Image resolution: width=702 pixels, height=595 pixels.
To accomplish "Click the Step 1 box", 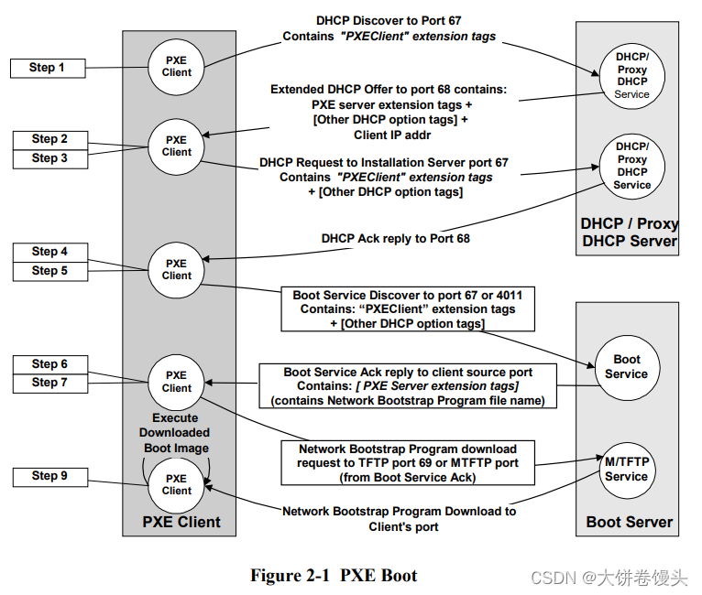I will [48, 68].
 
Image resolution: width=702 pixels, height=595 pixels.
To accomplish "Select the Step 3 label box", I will [49, 158].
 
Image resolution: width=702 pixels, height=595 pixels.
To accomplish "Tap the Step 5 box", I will [49, 271].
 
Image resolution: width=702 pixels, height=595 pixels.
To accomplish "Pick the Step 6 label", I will [49, 364].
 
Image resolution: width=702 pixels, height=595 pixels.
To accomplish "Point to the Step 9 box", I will [49, 476].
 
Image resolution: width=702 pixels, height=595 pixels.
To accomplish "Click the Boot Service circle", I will [626, 367].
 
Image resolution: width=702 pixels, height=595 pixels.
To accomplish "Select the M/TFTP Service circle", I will [626, 470].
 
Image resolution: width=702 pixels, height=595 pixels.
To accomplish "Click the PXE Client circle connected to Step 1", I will [177, 67].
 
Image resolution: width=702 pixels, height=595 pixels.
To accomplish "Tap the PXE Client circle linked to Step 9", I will [177, 484].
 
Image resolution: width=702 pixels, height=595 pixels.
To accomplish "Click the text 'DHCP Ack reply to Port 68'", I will [396, 239].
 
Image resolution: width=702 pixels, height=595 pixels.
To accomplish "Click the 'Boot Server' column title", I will [629, 523].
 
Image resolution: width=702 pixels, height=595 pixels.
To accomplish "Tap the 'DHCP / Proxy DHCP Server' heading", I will [629, 233].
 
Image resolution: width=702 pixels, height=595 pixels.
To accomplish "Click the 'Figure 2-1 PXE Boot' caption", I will [334, 576].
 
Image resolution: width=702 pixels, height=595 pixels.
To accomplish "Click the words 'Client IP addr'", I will [393, 135].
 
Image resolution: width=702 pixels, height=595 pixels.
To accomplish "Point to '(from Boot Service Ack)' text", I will [407, 478].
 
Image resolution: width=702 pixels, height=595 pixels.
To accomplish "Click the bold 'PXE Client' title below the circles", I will [181, 522].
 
